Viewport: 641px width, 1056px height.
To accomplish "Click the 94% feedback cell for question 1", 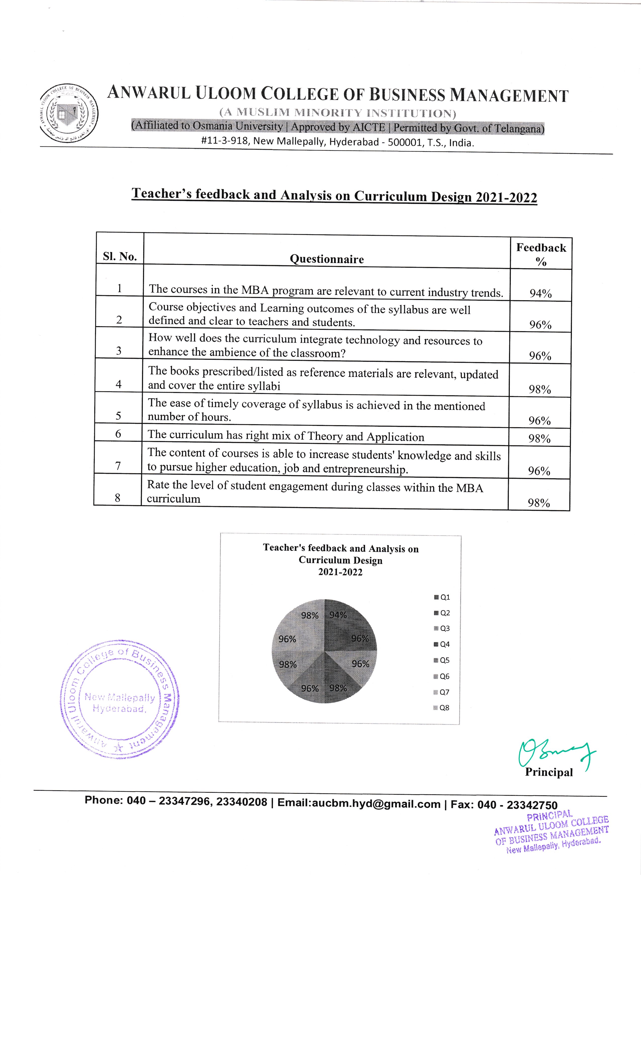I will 540,294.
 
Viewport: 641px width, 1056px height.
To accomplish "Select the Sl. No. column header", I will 120,256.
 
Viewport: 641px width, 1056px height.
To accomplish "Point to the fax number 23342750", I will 532,805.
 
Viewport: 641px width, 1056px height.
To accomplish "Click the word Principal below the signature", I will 549,772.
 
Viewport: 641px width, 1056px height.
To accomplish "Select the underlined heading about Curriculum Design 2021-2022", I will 334,195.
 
